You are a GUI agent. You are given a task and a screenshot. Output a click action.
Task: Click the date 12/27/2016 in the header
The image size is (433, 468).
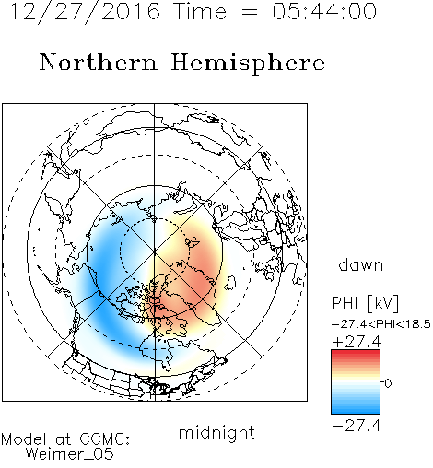click(x=85, y=12)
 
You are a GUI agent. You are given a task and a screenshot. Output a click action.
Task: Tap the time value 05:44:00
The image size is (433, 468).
click(x=324, y=11)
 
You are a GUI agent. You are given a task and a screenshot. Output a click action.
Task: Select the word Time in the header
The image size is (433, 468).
click(x=200, y=11)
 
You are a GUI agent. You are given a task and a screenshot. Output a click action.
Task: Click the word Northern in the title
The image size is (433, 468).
click(x=99, y=62)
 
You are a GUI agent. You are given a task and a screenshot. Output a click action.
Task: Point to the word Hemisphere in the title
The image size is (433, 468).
click(x=248, y=64)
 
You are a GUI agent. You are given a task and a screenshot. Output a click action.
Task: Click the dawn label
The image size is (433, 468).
click(x=361, y=264)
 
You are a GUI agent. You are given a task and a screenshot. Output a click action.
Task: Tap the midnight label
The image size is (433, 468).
click(x=216, y=432)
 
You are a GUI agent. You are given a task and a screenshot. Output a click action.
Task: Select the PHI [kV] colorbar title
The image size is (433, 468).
click(x=365, y=303)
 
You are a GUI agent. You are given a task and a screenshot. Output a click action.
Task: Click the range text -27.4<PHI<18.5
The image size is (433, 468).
click(x=381, y=324)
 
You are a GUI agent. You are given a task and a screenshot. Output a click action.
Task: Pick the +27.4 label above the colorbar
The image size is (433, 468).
click(x=357, y=342)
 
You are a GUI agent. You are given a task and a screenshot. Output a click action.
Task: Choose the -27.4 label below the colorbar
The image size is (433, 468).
click(x=357, y=426)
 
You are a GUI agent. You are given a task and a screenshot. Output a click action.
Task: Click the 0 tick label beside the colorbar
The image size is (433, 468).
click(x=388, y=383)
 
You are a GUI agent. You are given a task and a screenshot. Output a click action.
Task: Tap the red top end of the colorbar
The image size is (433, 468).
click(x=356, y=352)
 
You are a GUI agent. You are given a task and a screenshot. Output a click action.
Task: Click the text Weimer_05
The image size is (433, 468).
click(x=70, y=454)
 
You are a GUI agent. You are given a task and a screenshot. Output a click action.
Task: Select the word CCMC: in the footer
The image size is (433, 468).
click(x=105, y=439)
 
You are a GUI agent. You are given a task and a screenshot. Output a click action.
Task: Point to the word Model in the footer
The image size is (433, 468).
click(x=24, y=439)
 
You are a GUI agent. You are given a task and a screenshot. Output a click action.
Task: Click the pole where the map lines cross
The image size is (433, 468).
click(x=155, y=252)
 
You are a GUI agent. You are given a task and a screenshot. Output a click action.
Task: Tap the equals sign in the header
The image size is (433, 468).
click(x=250, y=13)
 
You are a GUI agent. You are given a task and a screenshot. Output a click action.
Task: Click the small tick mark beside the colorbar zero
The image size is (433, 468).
click(x=382, y=382)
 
